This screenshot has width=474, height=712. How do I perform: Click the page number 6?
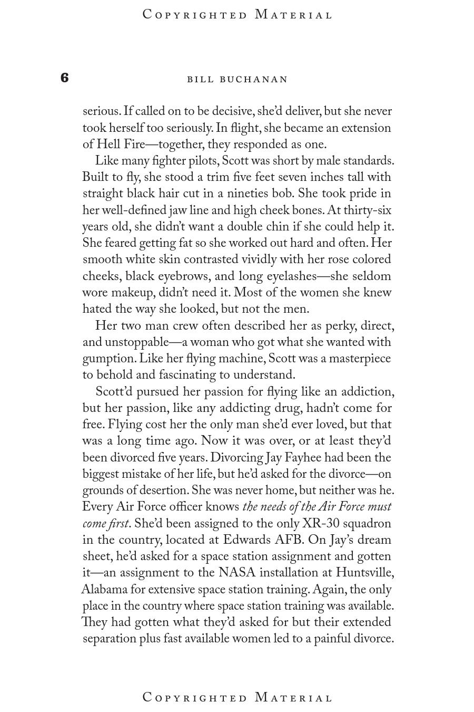click(64, 78)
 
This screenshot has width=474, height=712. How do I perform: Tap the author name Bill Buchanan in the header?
click(238, 79)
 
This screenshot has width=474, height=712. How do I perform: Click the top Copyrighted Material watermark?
click(238, 14)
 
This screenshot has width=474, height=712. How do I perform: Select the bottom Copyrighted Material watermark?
click(238, 697)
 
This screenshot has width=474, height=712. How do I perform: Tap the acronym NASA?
click(237, 573)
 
